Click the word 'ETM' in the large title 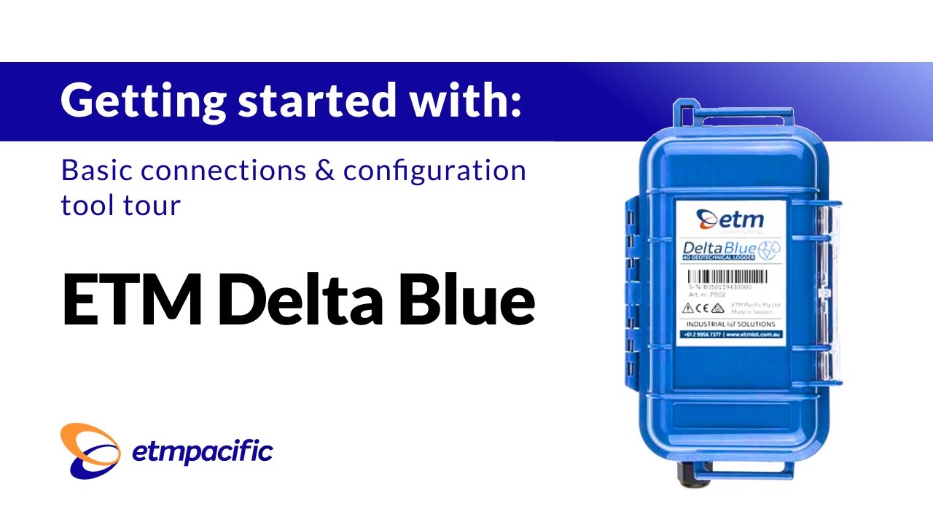(x=131, y=300)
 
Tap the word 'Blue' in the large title (x=467, y=300)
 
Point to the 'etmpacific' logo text (x=202, y=452)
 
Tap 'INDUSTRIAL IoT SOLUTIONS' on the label (x=730, y=324)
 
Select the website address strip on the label (x=730, y=334)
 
